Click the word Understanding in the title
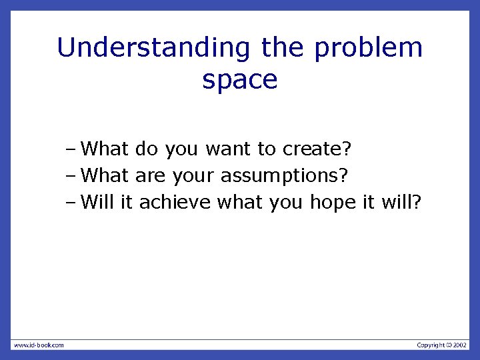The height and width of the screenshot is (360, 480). pos(153,48)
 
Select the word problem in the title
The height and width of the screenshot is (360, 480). pos(368,48)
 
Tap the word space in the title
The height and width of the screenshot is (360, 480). pos(239,80)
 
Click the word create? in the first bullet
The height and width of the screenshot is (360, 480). pos(317,149)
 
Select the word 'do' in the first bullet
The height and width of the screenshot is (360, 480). pos(147,149)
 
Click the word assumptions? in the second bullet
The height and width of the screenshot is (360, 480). pos(284,175)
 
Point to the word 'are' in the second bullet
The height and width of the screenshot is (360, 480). pos(150,175)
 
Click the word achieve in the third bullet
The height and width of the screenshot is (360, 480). pos(175,202)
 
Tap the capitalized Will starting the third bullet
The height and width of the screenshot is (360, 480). pos(98,202)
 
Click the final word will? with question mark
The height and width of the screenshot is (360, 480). pos(401,202)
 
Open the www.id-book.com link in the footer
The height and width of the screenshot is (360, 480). pos(39,345)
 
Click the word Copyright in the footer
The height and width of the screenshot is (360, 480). pos(431,345)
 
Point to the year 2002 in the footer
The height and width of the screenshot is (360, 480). pos(461,345)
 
